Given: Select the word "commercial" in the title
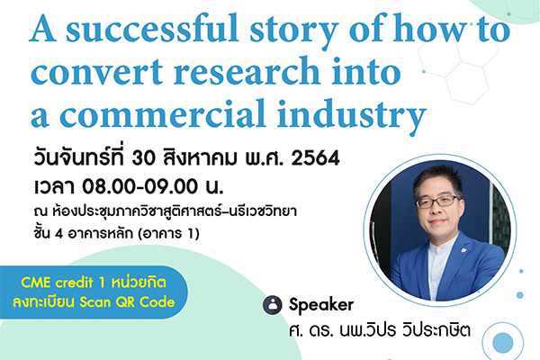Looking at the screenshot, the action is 163,113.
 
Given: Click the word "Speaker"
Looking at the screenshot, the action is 321,305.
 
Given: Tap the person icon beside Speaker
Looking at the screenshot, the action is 273,305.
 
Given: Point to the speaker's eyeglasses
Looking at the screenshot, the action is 437,202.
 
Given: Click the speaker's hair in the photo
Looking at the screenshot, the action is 438,178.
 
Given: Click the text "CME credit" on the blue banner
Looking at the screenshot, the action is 57,283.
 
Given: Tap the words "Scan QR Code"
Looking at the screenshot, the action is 127,302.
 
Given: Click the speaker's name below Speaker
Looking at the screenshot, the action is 380,330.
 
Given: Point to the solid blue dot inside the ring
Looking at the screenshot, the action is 503,343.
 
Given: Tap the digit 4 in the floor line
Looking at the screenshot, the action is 58,234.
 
